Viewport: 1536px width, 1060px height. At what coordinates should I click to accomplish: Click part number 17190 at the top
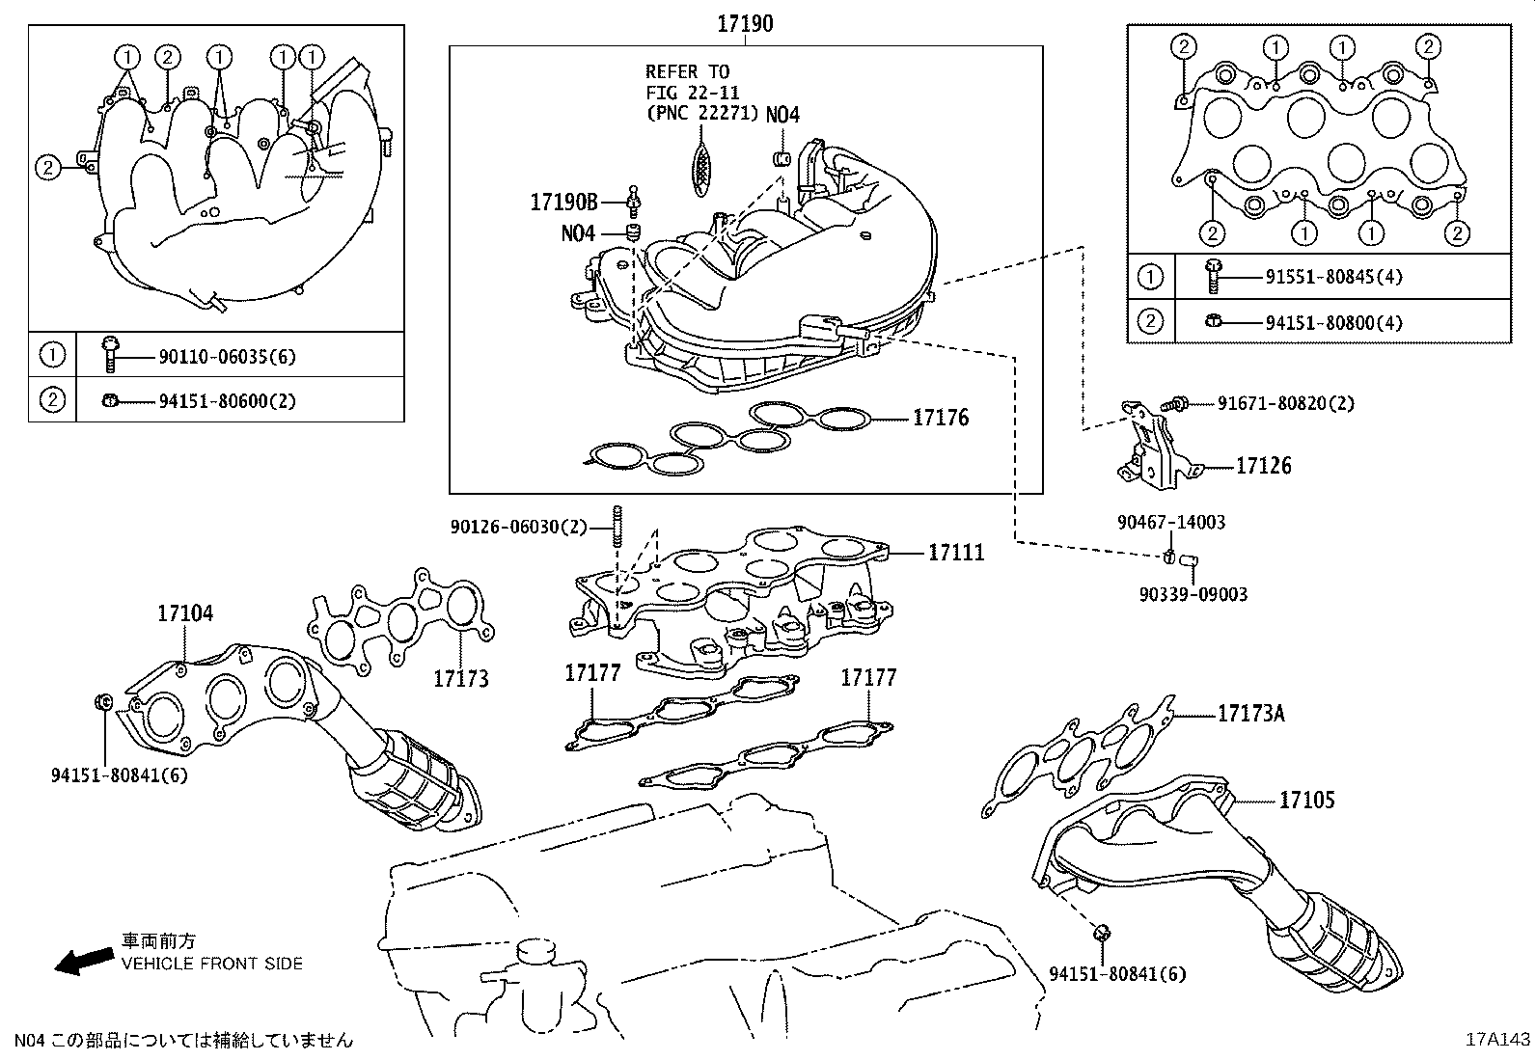(744, 23)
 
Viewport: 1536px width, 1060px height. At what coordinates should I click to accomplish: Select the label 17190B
(563, 202)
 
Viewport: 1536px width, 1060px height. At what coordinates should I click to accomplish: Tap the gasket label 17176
(941, 418)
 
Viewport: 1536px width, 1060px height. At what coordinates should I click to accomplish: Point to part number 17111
(956, 553)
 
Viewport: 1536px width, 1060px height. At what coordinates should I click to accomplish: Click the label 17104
(185, 613)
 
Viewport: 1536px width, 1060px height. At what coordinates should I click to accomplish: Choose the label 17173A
(1250, 714)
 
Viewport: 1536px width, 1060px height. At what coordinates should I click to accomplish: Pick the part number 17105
(1307, 800)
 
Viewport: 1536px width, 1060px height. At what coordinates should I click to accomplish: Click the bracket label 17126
(1263, 466)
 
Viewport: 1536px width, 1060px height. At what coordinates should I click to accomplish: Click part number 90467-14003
(1171, 522)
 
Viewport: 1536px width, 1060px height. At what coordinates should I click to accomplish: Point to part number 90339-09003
(1193, 594)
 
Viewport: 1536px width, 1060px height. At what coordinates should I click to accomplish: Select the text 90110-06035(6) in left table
(227, 357)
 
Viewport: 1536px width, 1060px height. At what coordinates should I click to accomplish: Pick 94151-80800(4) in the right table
(1333, 322)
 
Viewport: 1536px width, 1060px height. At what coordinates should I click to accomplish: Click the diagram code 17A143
(1497, 1040)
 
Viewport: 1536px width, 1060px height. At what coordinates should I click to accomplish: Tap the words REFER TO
(687, 71)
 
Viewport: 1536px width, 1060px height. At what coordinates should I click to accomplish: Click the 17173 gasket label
(460, 678)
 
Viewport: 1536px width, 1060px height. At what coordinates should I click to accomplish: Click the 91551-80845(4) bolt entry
(1333, 277)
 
